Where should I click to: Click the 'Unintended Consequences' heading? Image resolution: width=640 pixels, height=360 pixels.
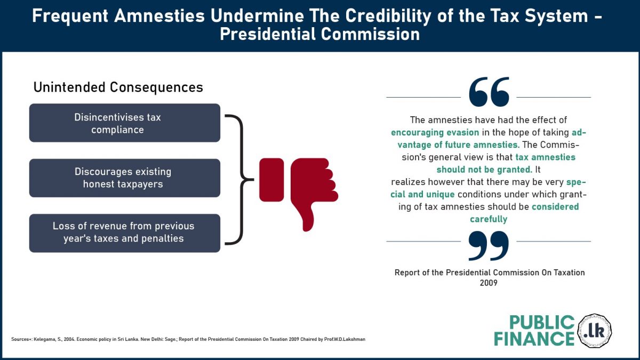click(x=118, y=87)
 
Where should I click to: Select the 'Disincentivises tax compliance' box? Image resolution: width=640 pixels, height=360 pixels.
click(x=125, y=123)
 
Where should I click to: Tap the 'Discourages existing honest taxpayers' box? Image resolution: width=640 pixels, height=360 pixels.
click(x=125, y=178)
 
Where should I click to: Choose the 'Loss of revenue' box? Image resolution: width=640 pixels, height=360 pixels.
click(x=125, y=233)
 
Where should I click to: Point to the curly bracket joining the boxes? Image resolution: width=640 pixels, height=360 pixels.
click(x=242, y=180)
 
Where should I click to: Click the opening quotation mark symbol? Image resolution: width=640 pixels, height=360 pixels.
click(x=489, y=92)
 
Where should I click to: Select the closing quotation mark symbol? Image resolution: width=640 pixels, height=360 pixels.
click(x=489, y=246)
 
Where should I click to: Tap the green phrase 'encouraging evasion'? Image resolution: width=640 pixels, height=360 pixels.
click(x=435, y=133)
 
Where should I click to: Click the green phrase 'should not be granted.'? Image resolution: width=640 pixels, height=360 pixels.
click(x=484, y=170)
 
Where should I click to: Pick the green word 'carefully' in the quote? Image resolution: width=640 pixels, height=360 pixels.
click(x=489, y=219)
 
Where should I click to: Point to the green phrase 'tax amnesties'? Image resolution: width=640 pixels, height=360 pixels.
click(x=546, y=157)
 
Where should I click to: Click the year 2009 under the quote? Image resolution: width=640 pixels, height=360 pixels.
click(x=489, y=283)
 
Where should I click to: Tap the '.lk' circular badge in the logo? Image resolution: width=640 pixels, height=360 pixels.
click(x=594, y=331)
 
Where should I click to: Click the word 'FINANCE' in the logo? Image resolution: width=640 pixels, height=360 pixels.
click(x=534, y=339)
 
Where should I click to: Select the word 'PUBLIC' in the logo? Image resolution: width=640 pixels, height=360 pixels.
click(x=542, y=323)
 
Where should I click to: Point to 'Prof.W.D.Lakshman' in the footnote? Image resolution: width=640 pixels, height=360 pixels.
click(x=345, y=339)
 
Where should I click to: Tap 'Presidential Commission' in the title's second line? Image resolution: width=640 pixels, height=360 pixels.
click(x=319, y=34)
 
